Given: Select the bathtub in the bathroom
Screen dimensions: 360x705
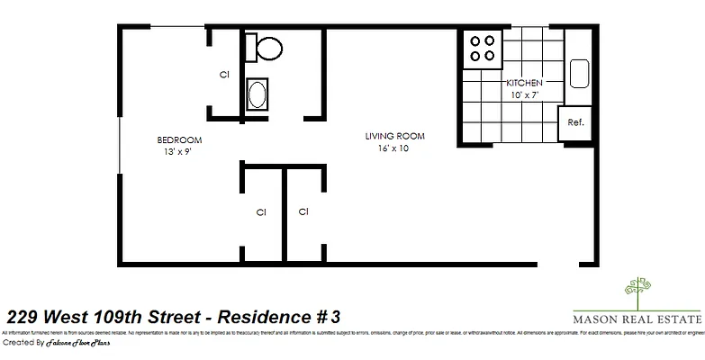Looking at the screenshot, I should (258, 94).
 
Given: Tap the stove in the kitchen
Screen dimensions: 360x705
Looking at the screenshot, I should (484, 49).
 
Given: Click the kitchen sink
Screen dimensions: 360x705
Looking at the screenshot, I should (578, 72).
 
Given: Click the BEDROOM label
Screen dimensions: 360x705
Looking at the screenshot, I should (179, 140).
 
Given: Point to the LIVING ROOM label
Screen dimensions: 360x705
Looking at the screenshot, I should (394, 137).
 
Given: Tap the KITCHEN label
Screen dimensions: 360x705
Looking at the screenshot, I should (523, 83).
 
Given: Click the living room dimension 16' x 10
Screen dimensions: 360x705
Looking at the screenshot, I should (393, 148).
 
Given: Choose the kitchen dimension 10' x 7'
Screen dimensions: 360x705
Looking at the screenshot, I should (523, 94).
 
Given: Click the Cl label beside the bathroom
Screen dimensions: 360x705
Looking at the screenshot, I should (224, 75).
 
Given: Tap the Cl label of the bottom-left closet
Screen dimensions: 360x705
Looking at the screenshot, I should (261, 212).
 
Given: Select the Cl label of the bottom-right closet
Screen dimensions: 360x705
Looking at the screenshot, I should (303, 212).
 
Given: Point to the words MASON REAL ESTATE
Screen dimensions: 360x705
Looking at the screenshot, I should (637, 319).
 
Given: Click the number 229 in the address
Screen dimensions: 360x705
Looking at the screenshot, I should (22, 317).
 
